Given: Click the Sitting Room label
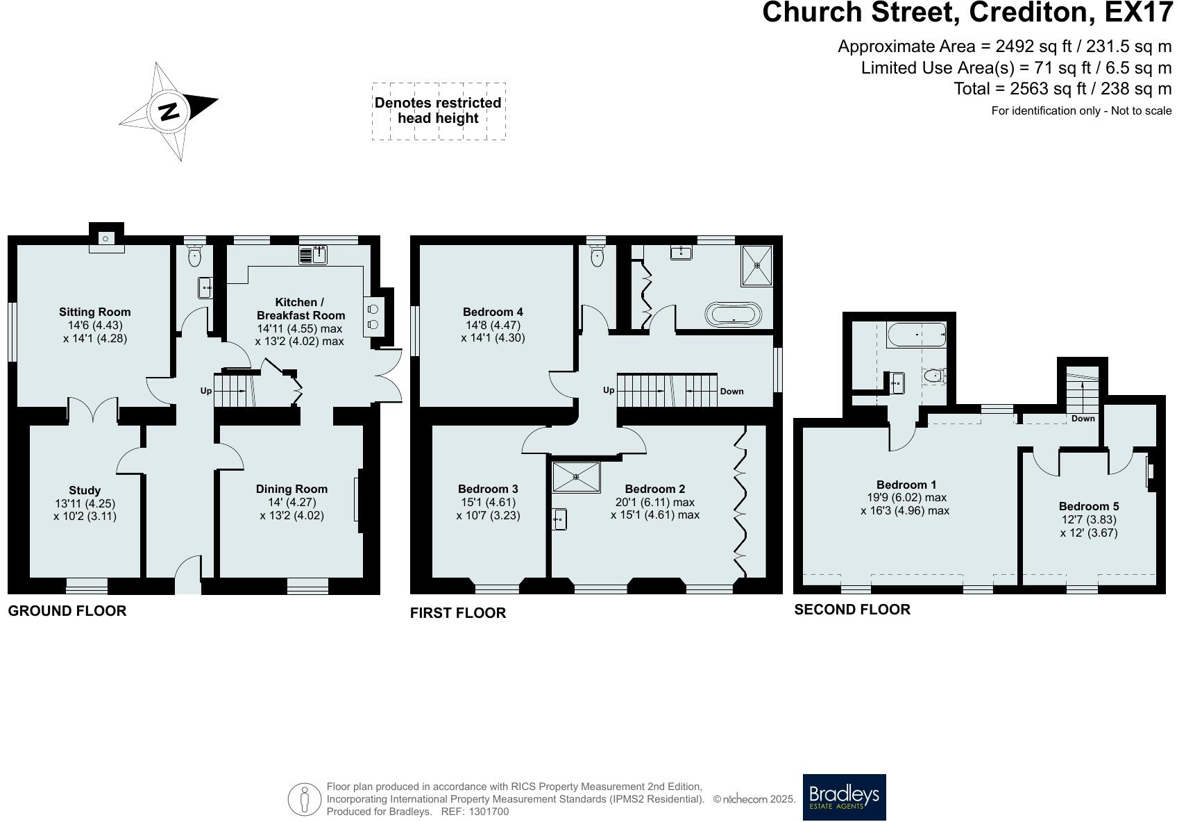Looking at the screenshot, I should [94, 312].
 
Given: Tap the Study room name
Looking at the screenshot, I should [85, 490].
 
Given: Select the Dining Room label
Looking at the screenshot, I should [291, 489].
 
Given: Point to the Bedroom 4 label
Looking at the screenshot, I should [493, 312].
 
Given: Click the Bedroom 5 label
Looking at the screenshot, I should [1089, 507].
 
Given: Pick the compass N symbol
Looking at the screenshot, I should [169, 111].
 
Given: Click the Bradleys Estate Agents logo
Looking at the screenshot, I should [844, 797].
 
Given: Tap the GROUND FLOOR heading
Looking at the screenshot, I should [67, 611].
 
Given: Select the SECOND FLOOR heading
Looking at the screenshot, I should [852, 610].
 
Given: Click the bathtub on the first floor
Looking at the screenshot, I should [733, 314].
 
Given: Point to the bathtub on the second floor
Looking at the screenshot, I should [917, 335].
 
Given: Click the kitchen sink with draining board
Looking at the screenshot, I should [314, 255].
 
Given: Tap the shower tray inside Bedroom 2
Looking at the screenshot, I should [576, 476].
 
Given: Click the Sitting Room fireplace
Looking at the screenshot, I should [106, 239].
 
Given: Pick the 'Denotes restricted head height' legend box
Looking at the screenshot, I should [439, 111].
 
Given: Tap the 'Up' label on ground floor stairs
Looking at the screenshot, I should [206, 391].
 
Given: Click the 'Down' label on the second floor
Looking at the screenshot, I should [1083, 419].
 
